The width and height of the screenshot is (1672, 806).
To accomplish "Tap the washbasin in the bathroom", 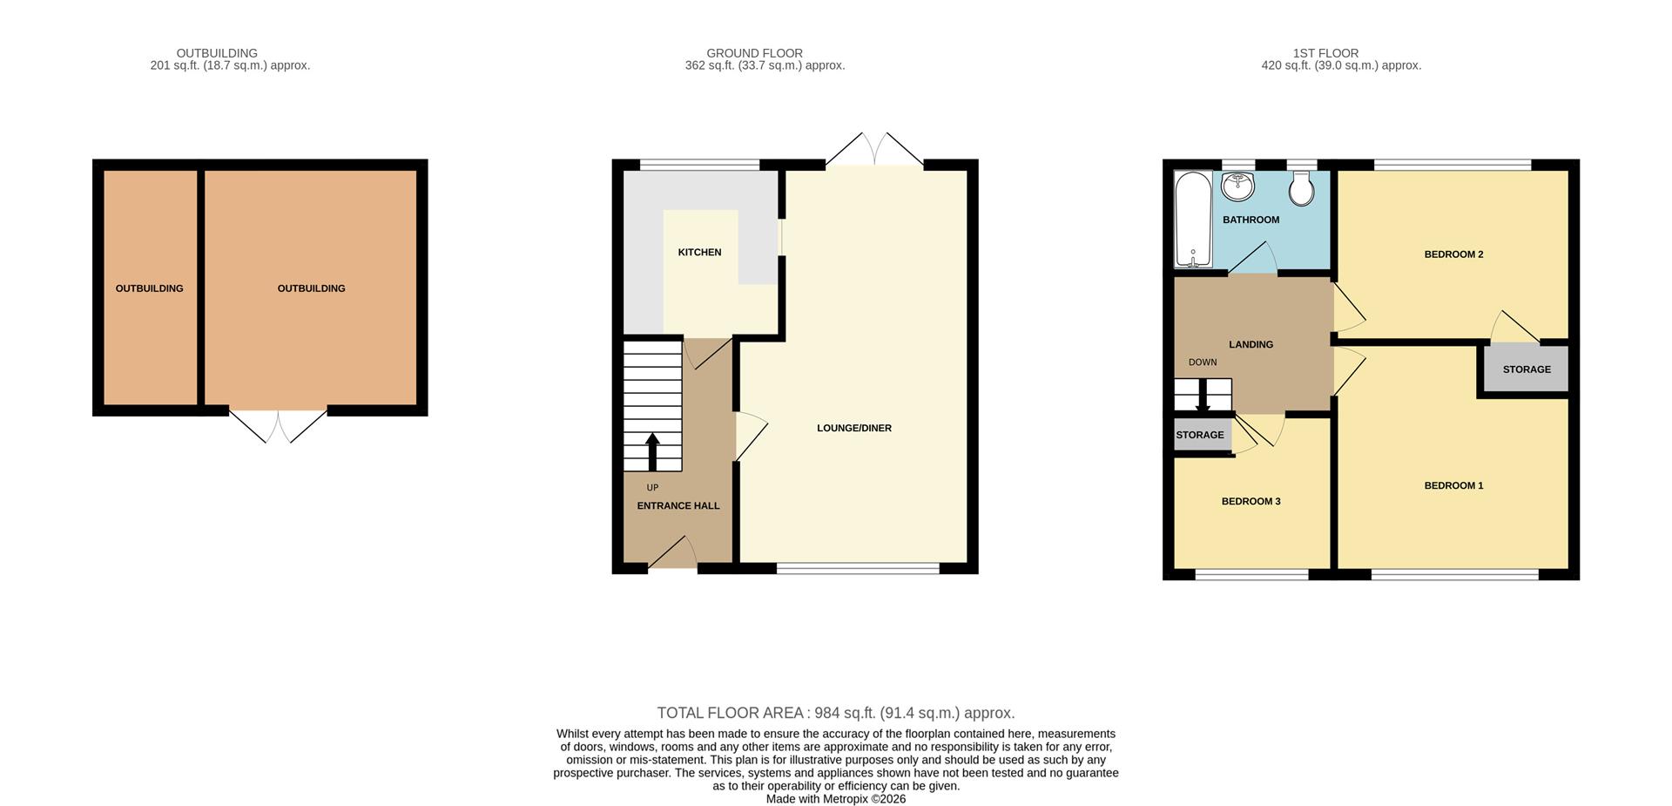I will [x=1237, y=186].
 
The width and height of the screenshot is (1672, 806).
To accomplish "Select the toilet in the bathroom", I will [x=1301, y=189].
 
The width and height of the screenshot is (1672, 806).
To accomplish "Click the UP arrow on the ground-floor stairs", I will [x=652, y=451].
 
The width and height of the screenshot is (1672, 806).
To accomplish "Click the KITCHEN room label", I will [x=699, y=253].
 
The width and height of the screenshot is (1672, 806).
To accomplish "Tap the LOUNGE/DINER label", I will [x=853, y=429].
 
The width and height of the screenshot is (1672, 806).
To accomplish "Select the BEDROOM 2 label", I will [x=1453, y=254].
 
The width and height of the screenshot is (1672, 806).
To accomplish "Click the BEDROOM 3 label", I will [x=1251, y=502].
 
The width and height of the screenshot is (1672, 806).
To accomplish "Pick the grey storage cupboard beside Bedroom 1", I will [x=1526, y=369].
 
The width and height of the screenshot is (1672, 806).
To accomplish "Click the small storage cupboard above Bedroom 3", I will [x=1200, y=435].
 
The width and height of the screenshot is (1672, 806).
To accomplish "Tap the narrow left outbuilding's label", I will [x=149, y=288].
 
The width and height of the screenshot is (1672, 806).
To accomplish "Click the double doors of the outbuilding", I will [x=279, y=424].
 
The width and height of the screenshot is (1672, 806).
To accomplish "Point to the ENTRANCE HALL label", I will [x=678, y=506].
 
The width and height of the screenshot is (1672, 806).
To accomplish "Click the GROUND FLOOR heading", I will [x=754, y=53].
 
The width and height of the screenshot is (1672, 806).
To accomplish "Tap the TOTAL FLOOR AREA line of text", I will [x=835, y=713].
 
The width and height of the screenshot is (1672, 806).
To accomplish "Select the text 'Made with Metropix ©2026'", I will [x=835, y=799].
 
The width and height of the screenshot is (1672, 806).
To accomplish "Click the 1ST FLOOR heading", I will [x=1325, y=53].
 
